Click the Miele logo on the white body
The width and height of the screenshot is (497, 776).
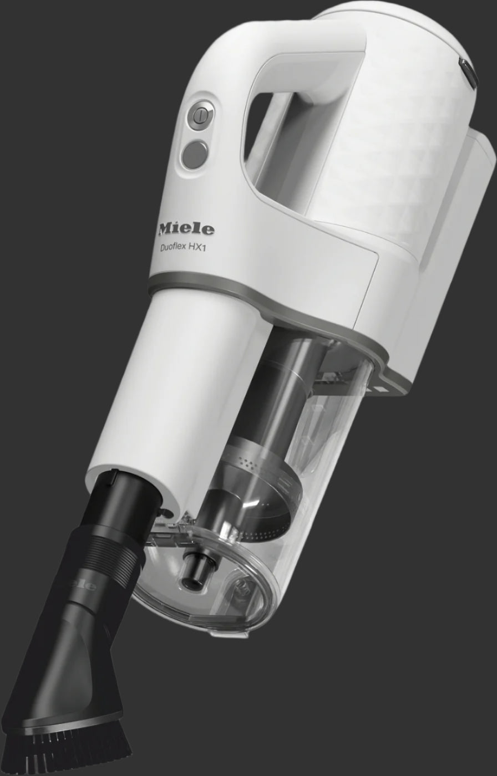tap(186, 228)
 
